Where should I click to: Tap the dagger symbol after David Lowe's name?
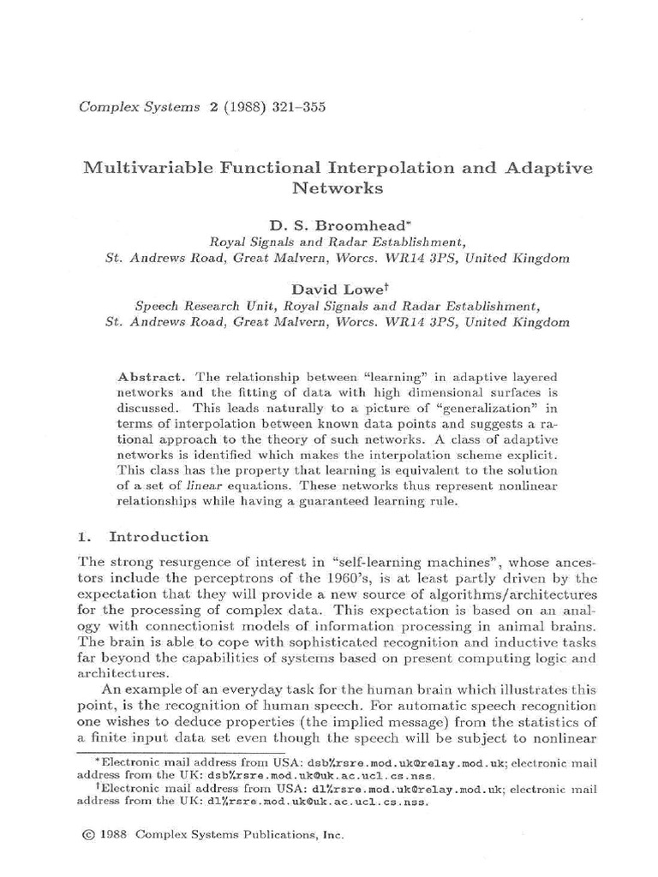pyautogui.click(x=370, y=287)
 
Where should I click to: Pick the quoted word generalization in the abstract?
pyautogui.click(x=475, y=408)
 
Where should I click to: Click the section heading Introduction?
pyautogui.click(x=159, y=537)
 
